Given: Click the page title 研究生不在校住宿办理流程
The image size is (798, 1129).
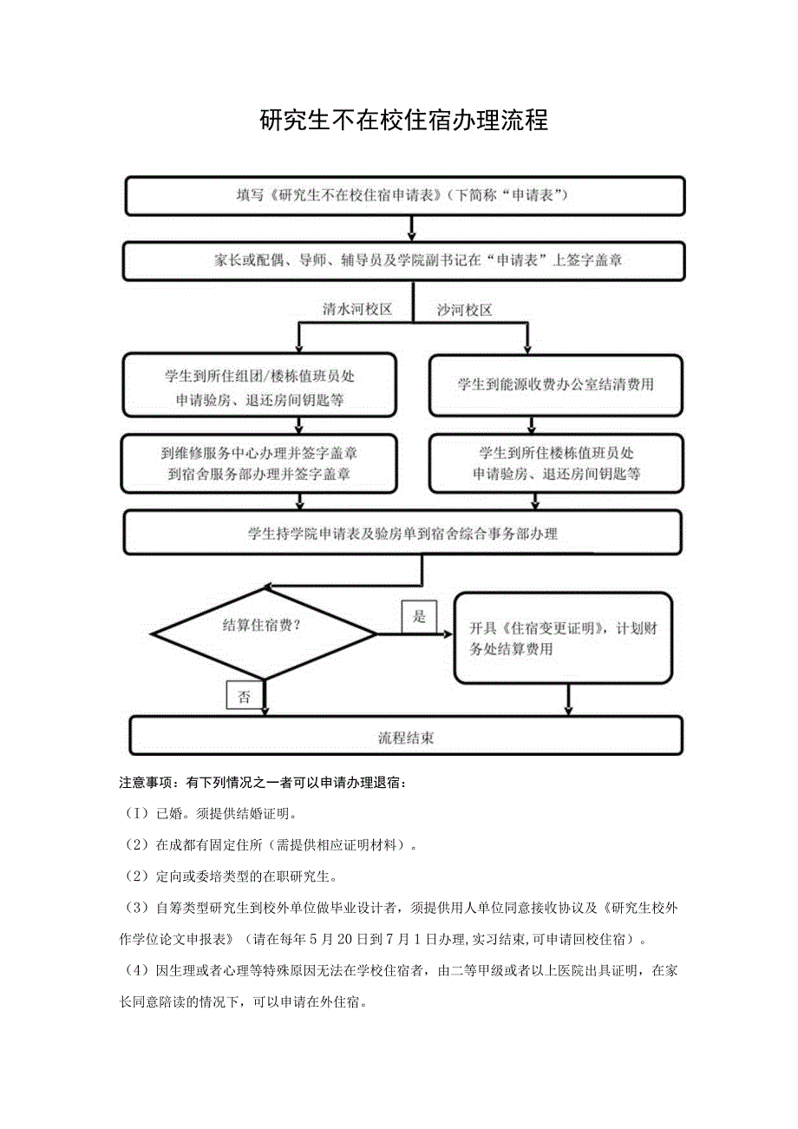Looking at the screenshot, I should pos(403,120).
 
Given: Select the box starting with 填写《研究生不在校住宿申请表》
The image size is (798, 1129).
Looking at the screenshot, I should pos(404,195).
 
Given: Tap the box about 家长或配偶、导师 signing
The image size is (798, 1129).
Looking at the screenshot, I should pos(404,260).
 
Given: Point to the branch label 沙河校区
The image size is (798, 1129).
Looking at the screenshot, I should pos(465,310).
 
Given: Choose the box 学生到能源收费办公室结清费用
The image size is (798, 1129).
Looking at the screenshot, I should pos(555,384).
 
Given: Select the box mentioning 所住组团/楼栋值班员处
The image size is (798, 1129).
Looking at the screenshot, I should pos(260,384).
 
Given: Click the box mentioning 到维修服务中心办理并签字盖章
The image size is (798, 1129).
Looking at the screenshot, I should pos(260,463).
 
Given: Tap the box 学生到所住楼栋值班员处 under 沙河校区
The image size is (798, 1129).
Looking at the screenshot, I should pos(555,463).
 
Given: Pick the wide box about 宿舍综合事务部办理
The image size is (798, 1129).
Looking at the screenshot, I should pos(404,534).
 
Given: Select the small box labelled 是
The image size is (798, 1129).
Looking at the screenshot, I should pos(420,616).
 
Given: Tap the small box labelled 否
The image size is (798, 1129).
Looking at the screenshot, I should pos(244,696).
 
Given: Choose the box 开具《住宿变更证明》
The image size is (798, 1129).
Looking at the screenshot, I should pos(564,638).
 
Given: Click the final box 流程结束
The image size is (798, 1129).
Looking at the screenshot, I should pos(405,738).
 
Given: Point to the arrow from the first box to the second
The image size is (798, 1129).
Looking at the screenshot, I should pos(412,227).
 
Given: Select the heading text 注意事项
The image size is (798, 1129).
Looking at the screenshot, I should pos(144,783).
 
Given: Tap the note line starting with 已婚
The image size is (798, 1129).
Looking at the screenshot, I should pos(212,814).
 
